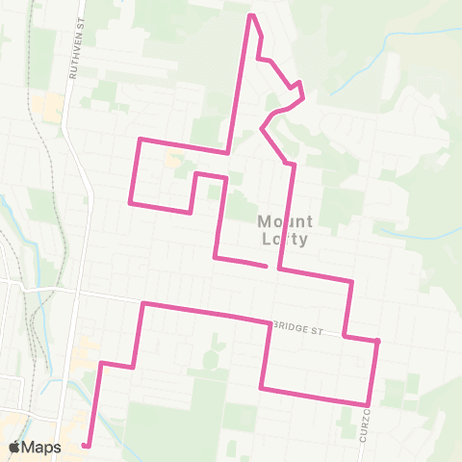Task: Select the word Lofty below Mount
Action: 282,241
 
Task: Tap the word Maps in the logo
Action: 41,447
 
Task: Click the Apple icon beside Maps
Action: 14,447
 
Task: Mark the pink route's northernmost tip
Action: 252,15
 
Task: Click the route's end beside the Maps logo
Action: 86,445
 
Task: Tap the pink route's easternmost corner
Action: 378,341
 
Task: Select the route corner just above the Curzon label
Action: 368,403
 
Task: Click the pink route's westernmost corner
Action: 130,202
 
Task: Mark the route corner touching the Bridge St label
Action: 269,322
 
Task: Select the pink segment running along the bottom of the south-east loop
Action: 314,396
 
